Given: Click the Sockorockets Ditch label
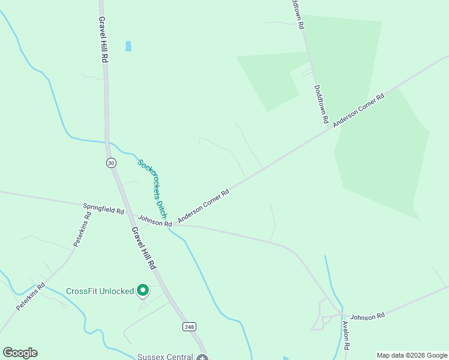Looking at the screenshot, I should (x=152, y=188).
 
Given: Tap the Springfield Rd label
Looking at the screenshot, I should (x=103, y=208).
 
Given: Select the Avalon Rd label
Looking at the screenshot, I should (x=346, y=334).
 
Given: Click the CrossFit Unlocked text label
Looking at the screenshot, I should (x=100, y=291).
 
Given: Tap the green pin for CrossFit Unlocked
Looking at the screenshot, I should (x=143, y=290).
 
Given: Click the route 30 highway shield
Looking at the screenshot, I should (x=110, y=163).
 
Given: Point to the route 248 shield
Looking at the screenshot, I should (x=190, y=326).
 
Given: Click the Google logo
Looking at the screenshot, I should (x=20, y=352).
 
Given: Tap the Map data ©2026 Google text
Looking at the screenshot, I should (x=412, y=355).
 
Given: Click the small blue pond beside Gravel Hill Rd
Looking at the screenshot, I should (x=128, y=46).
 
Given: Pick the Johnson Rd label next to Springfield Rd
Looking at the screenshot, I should (x=155, y=221).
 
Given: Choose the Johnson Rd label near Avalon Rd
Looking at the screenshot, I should (x=367, y=316).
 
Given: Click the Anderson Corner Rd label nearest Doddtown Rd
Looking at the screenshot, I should (x=358, y=109).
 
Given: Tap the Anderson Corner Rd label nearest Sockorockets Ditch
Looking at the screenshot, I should (x=204, y=207).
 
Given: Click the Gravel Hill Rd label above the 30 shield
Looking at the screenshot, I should (x=103, y=32).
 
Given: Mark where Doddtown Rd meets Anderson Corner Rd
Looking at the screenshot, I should (x=330, y=128).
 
